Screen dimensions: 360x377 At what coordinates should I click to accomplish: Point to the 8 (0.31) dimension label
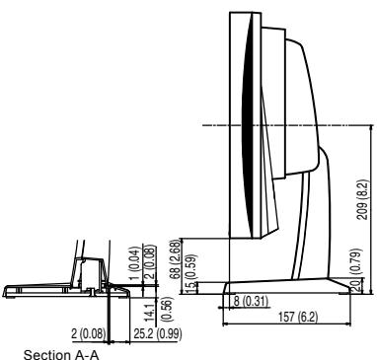click(x=250, y=299)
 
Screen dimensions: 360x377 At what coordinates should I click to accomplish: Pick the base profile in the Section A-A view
click(x=39, y=289)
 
